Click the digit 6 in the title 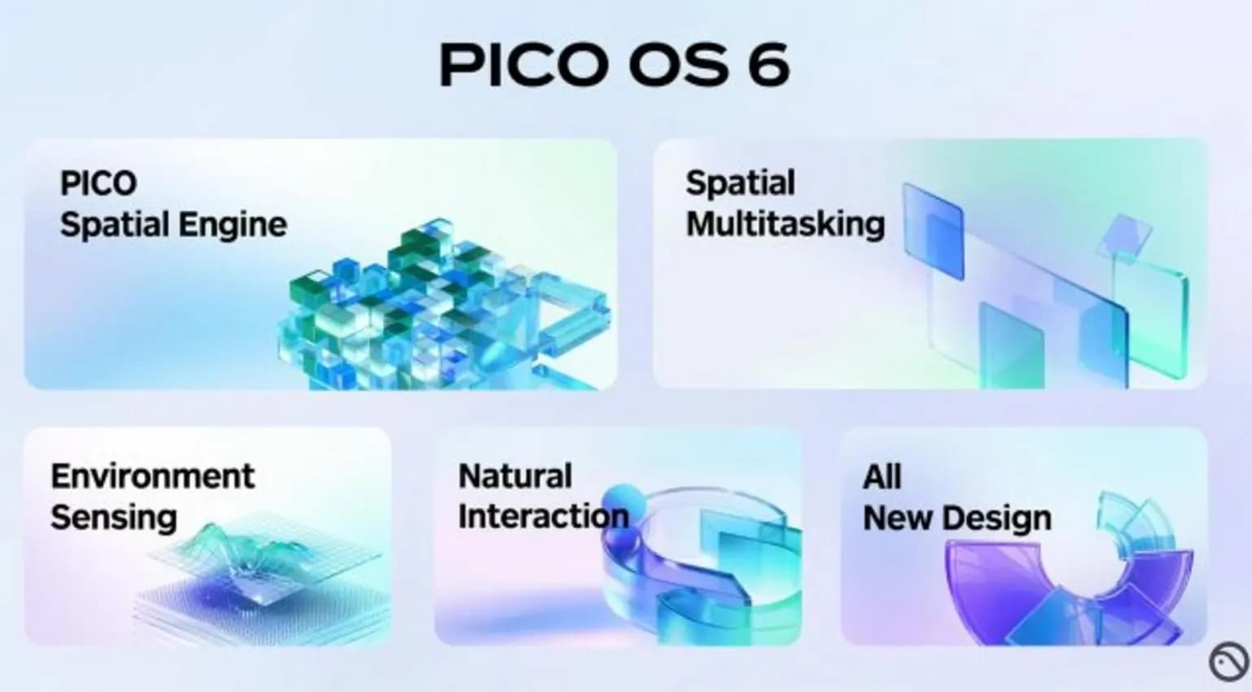point(768,64)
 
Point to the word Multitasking point(785,224)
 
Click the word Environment point(152,476)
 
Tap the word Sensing point(113,518)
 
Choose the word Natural point(514,476)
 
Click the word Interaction point(543,516)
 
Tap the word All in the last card point(882,477)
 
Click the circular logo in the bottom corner point(1228,661)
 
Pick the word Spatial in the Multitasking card point(740,183)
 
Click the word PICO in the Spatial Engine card point(98,183)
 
